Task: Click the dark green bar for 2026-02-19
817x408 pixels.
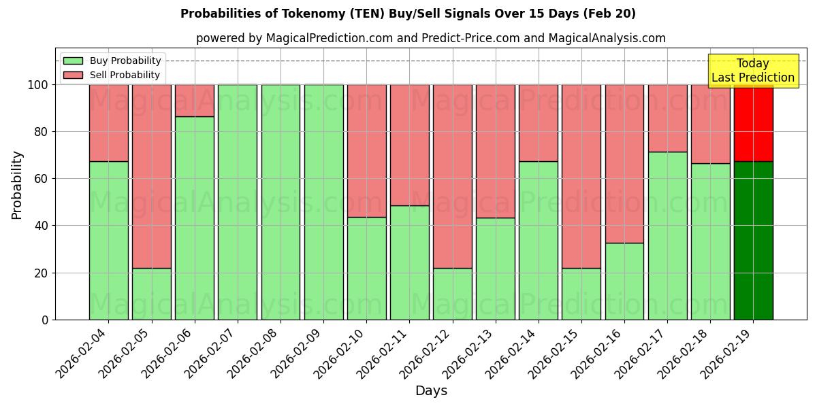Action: (x=753, y=240)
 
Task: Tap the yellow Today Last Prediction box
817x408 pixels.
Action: (x=752, y=71)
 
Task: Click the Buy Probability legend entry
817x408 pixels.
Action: (x=112, y=61)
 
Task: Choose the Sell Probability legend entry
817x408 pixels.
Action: (x=112, y=75)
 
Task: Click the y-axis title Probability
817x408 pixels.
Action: (x=17, y=185)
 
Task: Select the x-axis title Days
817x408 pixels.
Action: (x=431, y=391)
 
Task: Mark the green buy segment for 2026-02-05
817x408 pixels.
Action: (x=152, y=294)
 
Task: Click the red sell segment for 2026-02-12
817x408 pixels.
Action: (x=452, y=176)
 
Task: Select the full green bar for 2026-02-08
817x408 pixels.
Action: (x=281, y=202)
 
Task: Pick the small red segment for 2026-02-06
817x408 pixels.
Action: (x=195, y=101)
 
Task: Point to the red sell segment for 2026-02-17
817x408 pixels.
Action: (x=667, y=118)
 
